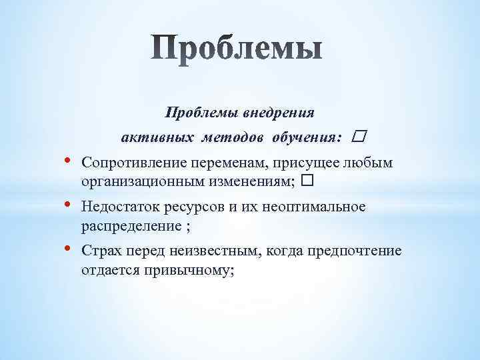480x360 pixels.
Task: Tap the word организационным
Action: (137, 181)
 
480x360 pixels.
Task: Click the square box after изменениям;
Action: (307, 181)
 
